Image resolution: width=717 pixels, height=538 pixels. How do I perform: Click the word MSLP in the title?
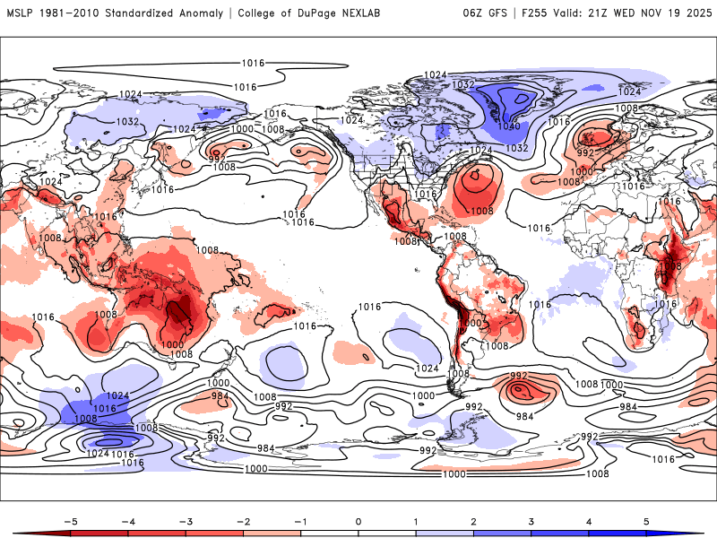tap(21, 13)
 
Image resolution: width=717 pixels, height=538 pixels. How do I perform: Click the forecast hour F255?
tap(539, 13)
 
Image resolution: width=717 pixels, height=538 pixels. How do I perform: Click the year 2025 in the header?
tap(694, 13)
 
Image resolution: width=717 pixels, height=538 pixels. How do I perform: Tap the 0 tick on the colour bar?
tap(358, 520)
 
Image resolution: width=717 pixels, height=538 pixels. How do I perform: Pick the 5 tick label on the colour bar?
tap(647, 520)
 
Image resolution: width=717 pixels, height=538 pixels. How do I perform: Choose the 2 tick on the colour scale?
tap(474, 520)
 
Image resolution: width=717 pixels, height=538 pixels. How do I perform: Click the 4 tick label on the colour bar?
tap(589, 520)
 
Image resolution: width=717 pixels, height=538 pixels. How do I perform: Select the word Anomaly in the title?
tap(208, 13)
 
